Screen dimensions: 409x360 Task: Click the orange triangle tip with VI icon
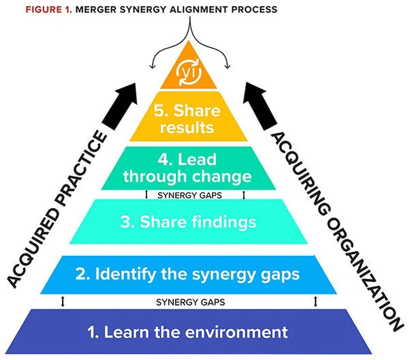click(189, 70)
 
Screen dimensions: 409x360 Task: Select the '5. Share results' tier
click(189, 117)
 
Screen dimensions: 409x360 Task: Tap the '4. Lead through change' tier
click(189, 168)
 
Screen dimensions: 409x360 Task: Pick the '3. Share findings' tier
click(189, 222)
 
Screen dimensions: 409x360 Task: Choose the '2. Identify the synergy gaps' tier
click(189, 275)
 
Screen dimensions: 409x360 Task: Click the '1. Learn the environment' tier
click(189, 332)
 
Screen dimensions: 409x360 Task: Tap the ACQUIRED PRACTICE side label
click(57, 209)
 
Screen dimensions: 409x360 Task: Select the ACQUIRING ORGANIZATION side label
click(336, 232)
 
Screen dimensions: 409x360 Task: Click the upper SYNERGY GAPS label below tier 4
click(190, 195)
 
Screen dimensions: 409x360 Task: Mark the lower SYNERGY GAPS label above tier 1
click(191, 302)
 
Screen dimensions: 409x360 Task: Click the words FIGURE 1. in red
click(49, 10)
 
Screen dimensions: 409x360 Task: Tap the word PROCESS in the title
click(254, 10)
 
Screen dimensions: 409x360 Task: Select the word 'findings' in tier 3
click(224, 222)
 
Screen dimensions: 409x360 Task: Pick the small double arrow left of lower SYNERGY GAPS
click(63, 302)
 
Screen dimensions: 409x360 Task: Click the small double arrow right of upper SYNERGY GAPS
click(244, 195)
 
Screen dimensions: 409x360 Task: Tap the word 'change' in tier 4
click(222, 177)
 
